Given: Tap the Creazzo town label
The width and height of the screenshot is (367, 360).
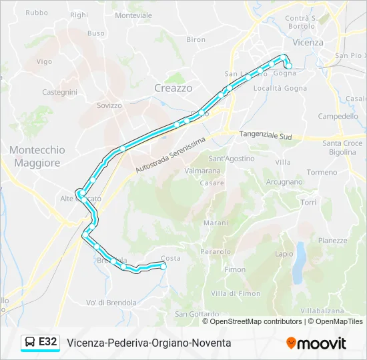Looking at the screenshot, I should click(x=173, y=88).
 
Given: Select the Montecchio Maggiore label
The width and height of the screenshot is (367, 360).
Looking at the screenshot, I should click(x=37, y=156).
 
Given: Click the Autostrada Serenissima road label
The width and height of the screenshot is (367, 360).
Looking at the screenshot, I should click(x=173, y=154).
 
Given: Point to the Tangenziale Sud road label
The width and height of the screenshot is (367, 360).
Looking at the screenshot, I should click(x=266, y=135).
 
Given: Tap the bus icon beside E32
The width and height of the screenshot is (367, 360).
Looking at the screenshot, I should click(x=31, y=343).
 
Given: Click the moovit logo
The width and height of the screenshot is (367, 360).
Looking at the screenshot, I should click(x=316, y=343).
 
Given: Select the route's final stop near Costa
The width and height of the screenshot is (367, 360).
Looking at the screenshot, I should click(x=163, y=266).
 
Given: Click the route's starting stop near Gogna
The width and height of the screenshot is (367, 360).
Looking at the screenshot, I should click(x=288, y=65).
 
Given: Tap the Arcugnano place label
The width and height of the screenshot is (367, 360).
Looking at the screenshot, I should click(x=284, y=181).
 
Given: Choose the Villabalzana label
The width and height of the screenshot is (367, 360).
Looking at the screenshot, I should click(x=322, y=311).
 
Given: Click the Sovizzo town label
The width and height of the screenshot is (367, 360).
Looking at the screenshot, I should click(x=109, y=105).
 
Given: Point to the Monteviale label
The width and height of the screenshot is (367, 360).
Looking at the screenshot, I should click(x=133, y=15).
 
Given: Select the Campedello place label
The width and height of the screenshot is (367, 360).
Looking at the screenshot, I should click(x=338, y=116).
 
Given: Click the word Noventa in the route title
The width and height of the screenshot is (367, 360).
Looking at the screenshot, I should click(x=212, y=343).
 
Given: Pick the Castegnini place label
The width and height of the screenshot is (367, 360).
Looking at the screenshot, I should click(x=59, y=92).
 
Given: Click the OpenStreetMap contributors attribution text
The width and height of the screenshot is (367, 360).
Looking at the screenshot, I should click(x=255, y=321).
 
